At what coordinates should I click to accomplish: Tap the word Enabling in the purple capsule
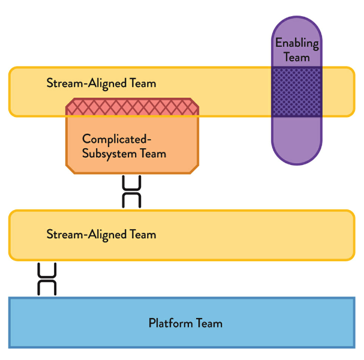tap(297, 43)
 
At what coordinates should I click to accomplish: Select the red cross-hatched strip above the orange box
tap(132, 106)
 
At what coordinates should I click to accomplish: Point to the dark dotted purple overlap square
tap(297, 92)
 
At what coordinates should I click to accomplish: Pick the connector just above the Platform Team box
tap(47, 279)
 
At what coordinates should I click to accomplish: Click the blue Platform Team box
tap(270, 323)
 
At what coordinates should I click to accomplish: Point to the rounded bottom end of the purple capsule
tap(297, 147)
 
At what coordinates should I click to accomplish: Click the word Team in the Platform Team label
tap(209, 323)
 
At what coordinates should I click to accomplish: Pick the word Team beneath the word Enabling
tap(297, 58)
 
